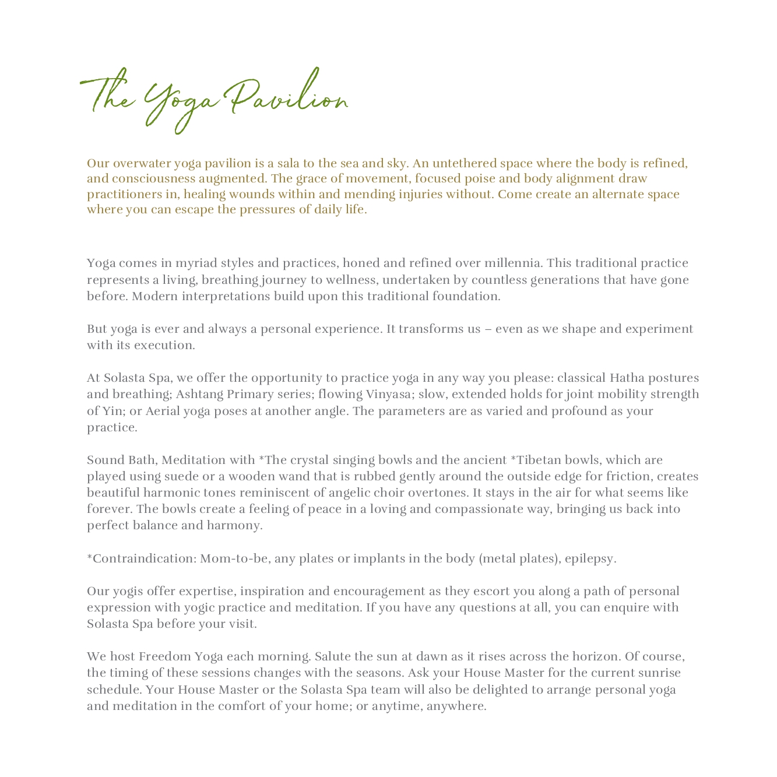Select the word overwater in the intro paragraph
click(140, 163)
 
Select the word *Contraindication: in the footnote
click(142, 558)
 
